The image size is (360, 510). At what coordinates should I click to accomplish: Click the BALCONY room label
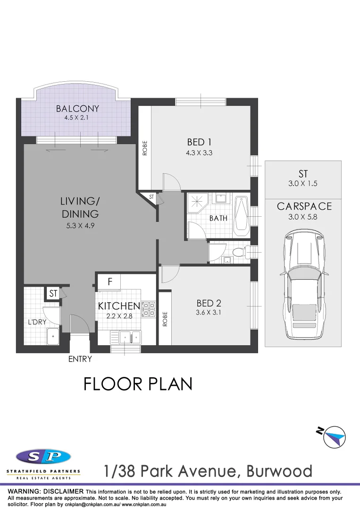77,109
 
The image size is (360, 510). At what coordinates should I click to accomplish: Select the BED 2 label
209,303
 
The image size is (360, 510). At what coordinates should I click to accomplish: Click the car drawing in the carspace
303,285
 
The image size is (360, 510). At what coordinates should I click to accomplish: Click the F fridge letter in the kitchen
109,282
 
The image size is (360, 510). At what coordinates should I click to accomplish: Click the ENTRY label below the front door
80,359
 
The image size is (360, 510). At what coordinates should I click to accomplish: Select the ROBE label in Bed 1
145,148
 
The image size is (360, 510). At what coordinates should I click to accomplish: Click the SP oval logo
43,457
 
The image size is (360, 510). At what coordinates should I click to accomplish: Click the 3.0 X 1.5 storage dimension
303,184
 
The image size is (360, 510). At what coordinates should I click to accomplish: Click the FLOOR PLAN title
138,383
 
